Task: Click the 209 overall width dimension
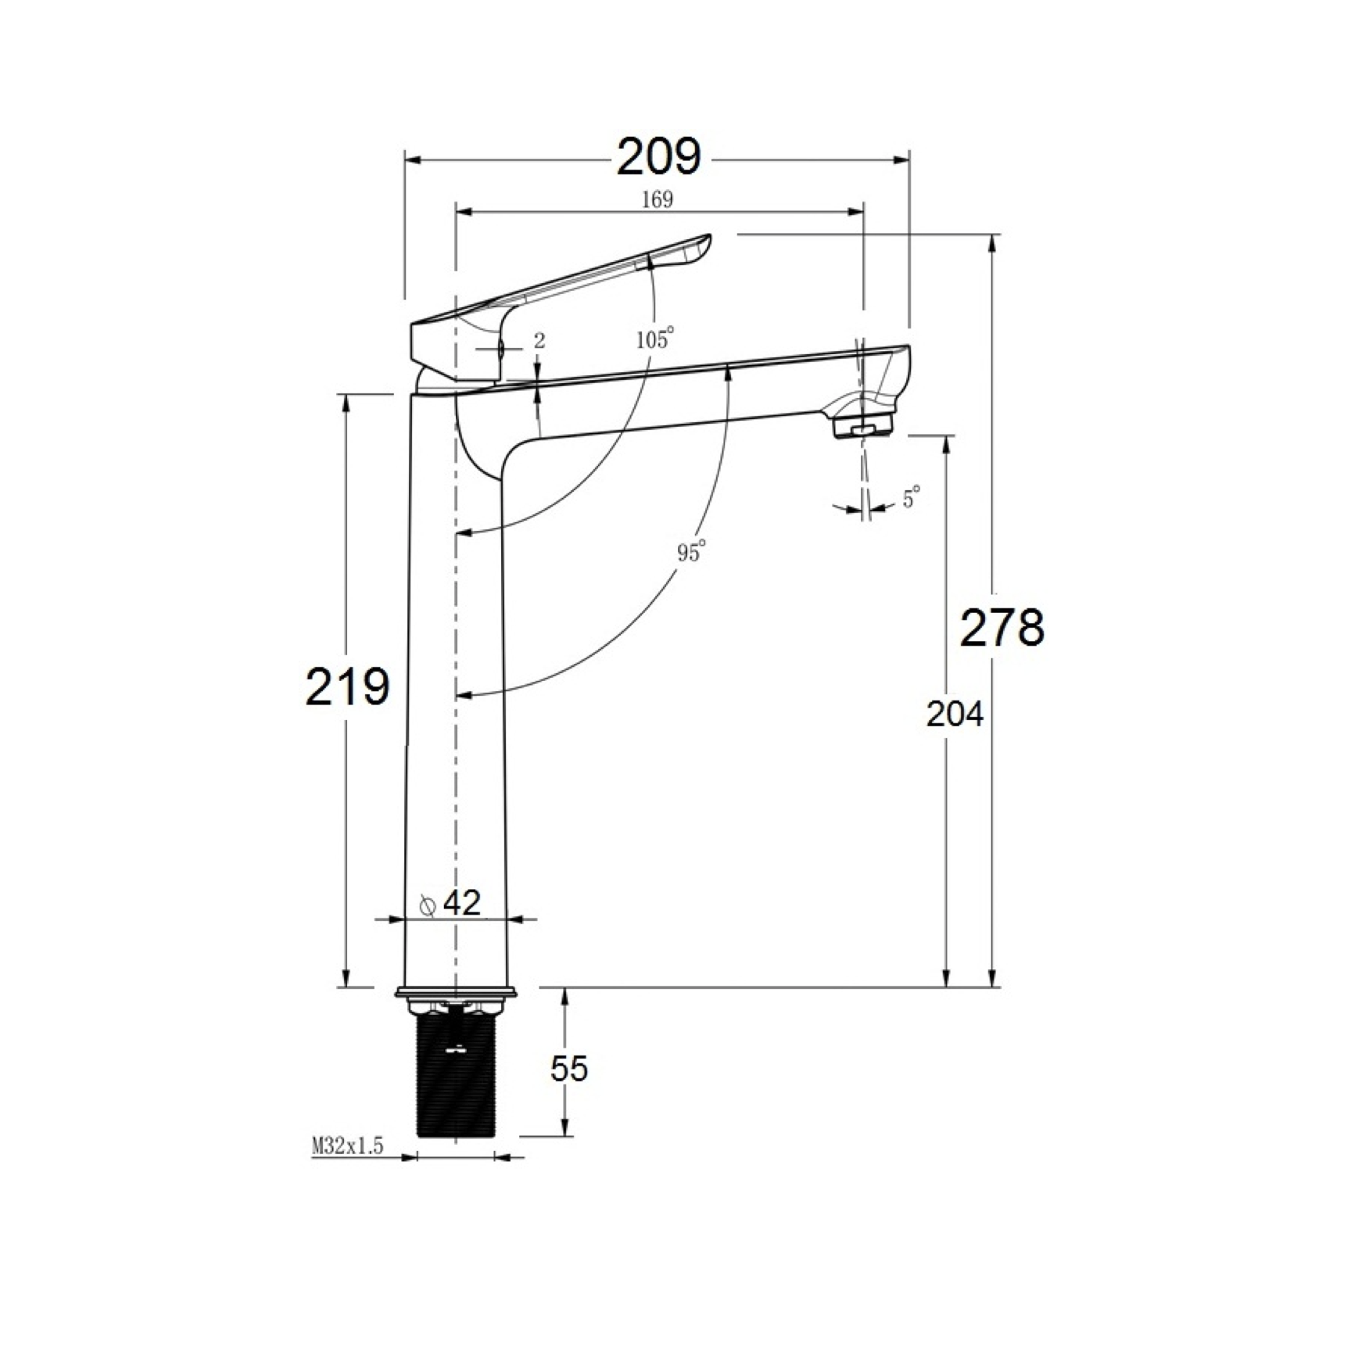click(x=659, y=157)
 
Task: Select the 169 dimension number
click(x=657, y=200)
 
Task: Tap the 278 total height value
click(x=1002, y=627)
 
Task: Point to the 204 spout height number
click(x=955, y=714)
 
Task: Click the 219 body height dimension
click(x=347, y=687)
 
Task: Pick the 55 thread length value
click(x=568, y=1068)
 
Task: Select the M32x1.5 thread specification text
click(x=348, y=1146)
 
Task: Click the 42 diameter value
click(x=461, y=903)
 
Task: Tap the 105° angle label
click(x=655, y=339)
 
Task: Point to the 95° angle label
click(x=692, y=551)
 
